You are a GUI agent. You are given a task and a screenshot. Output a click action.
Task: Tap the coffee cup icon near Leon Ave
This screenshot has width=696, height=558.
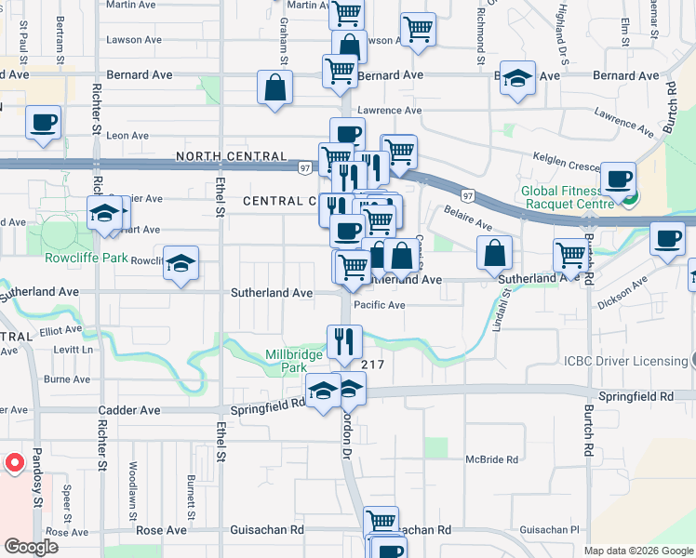44,123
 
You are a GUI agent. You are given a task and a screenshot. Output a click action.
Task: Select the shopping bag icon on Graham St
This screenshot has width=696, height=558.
276,88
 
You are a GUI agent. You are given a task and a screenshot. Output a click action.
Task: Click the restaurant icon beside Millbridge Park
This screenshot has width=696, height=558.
344,341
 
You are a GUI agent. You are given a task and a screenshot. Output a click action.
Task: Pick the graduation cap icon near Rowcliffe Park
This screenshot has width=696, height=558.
181,263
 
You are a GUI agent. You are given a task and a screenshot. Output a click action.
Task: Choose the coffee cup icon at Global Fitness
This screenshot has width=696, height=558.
617,179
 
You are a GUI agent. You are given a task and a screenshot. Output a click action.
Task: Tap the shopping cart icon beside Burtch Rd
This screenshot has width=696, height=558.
570,254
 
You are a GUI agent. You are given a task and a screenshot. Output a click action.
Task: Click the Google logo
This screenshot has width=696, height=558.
31,546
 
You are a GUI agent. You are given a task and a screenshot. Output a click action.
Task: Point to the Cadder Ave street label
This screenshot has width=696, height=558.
129,410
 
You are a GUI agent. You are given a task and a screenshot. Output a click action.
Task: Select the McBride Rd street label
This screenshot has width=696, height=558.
491,459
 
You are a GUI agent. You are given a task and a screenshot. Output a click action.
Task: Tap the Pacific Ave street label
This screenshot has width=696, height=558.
379,305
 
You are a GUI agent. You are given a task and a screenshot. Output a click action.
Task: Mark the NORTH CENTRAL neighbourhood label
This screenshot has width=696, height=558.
220,157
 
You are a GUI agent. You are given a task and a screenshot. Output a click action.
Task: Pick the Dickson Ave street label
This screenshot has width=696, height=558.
622,292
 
